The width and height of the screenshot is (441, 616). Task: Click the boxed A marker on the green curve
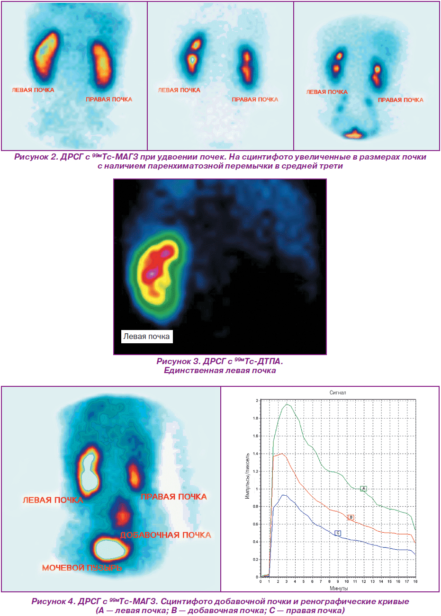pos(363,489)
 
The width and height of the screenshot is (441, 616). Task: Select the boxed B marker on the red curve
pos(351,517)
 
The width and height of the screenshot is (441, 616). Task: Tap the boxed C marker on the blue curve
pos(338,533)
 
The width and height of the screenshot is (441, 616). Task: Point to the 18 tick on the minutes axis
pos(415,581)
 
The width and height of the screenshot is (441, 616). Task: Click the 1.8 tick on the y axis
pos(255,418)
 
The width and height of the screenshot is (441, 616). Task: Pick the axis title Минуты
pos(339,588)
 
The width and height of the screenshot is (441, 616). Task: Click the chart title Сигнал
pos(338,393)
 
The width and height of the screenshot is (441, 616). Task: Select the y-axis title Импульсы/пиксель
pos(247,476)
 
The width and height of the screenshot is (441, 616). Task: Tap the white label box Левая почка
pos(147,336)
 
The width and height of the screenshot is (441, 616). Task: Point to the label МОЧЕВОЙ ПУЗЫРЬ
pos(81,568)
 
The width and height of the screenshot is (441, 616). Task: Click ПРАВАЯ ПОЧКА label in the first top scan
pos(109,99)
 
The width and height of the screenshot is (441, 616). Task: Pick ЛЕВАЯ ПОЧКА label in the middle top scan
pos(179,90)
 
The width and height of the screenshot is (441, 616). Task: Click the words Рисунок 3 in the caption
pos(177,361)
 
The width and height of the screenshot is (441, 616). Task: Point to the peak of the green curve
pos(287,404)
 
